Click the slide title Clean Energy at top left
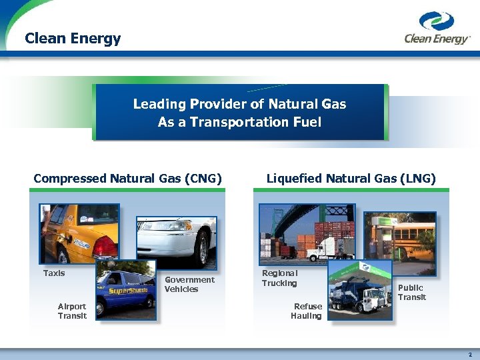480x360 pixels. [x=73, y=38]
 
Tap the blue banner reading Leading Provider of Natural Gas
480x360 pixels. [x=239, y=113]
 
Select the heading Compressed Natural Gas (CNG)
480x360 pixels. [x=127, y=178]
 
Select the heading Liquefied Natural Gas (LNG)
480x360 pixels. [x=351, y=178]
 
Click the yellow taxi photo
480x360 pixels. [x=79, y=234]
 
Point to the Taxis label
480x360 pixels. [x=54, y=273]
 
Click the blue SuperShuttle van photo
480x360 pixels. [x=126, y=290]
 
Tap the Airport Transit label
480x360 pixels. [x=72, y=311]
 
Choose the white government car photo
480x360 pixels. [x=177, y=243]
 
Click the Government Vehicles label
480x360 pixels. [x=189, y=285]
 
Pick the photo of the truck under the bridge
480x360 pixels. [x=307, y=231]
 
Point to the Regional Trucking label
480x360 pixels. [x=279, y=278]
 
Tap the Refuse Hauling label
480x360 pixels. [x=306, y=311]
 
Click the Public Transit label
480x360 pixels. [x=411, y=293]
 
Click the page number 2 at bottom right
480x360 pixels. [x=470, y=355]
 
